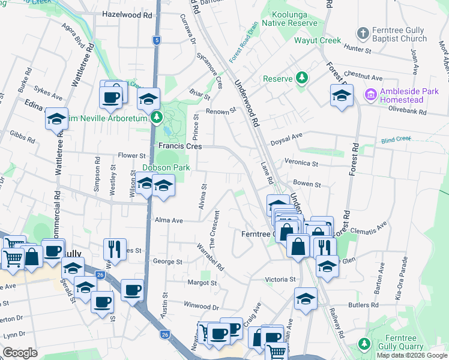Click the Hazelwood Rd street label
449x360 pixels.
click(127, 14)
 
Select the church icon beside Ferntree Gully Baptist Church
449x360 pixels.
click(363, 32)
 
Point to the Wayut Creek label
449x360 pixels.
click(318, 41)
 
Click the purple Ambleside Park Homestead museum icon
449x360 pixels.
click(370, 94)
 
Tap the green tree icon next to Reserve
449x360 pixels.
click(302, 79)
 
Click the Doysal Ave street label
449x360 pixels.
click(287, 137)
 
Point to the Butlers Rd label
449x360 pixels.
click(366, 305)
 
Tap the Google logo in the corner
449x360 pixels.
click(20, 353)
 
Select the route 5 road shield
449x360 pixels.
click(157, 40)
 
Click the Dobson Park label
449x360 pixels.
click(166, 168)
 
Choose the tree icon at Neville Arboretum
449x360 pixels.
click(157, 116)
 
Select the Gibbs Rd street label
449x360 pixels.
click(23, 139)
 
